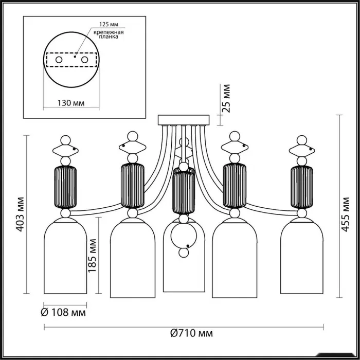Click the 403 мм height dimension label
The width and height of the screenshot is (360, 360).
21,213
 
